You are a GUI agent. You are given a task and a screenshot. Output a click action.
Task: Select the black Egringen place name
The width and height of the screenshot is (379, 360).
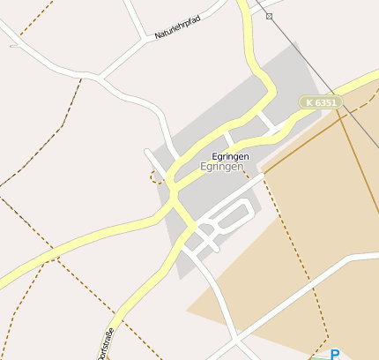pos(231,156)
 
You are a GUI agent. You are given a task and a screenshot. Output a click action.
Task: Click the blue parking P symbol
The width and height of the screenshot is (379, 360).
pos(335,355)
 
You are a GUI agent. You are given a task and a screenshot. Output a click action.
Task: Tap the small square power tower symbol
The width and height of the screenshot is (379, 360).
pos(269,16)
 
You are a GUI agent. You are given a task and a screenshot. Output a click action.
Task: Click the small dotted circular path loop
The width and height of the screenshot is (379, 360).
pos(157,176)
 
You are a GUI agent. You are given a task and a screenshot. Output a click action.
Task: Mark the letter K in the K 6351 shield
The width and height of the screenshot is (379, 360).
pos(309,102)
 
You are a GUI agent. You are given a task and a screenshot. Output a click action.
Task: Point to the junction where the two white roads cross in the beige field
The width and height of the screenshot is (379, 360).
pos(235,336)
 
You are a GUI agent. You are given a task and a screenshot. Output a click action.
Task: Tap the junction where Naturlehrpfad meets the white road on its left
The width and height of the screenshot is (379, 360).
pos(146,39)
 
